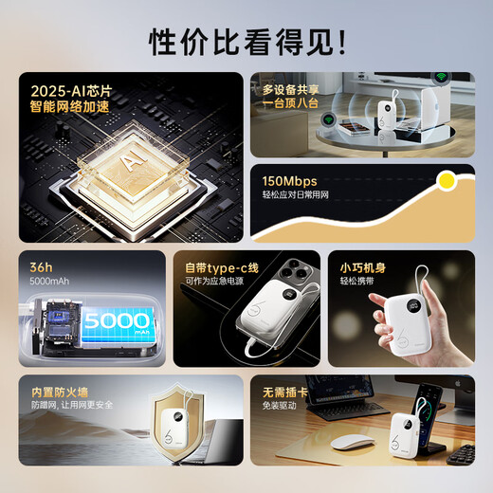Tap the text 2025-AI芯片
(x=70, y=92)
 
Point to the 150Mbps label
(x=290, y=181)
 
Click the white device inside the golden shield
(x=178, y=433)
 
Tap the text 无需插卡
(x=284, y=390)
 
